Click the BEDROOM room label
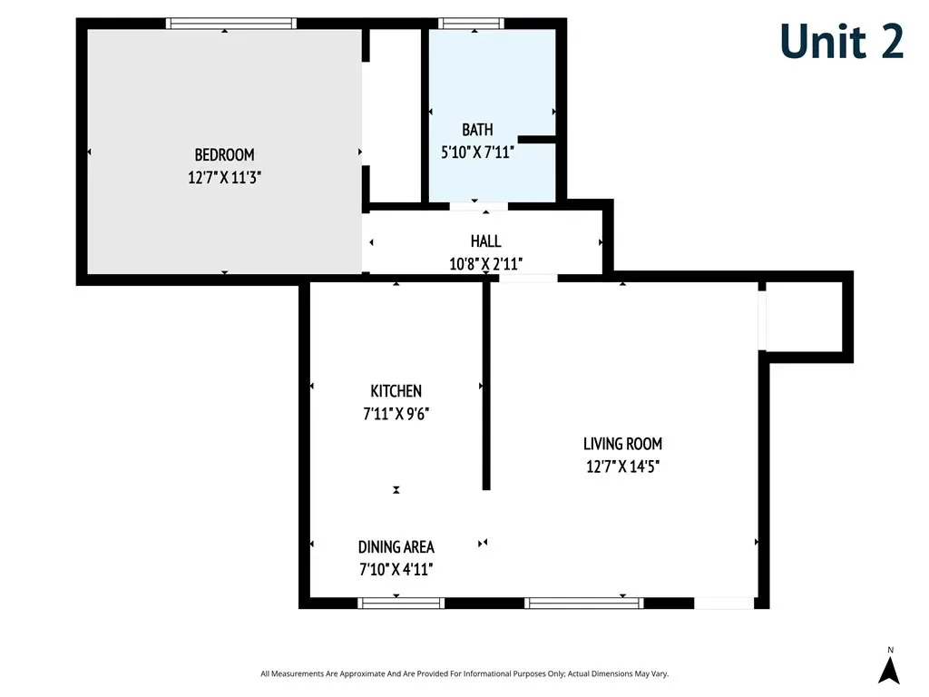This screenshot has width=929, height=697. coord(225,154)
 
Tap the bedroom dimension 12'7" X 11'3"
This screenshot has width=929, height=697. coord(225,177)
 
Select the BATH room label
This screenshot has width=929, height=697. coord(477,129)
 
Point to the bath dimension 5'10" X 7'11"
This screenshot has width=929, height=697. coord(477,152)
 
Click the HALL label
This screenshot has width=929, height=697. coord(486,241)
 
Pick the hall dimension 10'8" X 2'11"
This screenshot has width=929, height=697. coord(486,264)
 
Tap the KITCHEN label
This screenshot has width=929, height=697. coord(396,391)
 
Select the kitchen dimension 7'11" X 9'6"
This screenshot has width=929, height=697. coord(396,414)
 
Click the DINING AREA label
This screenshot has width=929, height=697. coord(396,546)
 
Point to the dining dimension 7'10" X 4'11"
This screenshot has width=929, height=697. coord(396,570)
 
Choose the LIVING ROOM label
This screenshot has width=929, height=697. coord(622,443)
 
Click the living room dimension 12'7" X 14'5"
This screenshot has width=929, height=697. coord(622,466)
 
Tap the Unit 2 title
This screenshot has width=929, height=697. coord(841,41)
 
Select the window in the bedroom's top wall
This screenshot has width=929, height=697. coord(231,23)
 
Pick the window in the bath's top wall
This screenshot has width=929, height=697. coord(471,23)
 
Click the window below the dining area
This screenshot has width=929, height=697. coord(401,604)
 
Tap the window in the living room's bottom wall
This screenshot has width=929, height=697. coord(584,604)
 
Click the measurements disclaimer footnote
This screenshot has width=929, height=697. coord(464,674)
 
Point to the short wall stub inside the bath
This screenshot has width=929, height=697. coord(537,140)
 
